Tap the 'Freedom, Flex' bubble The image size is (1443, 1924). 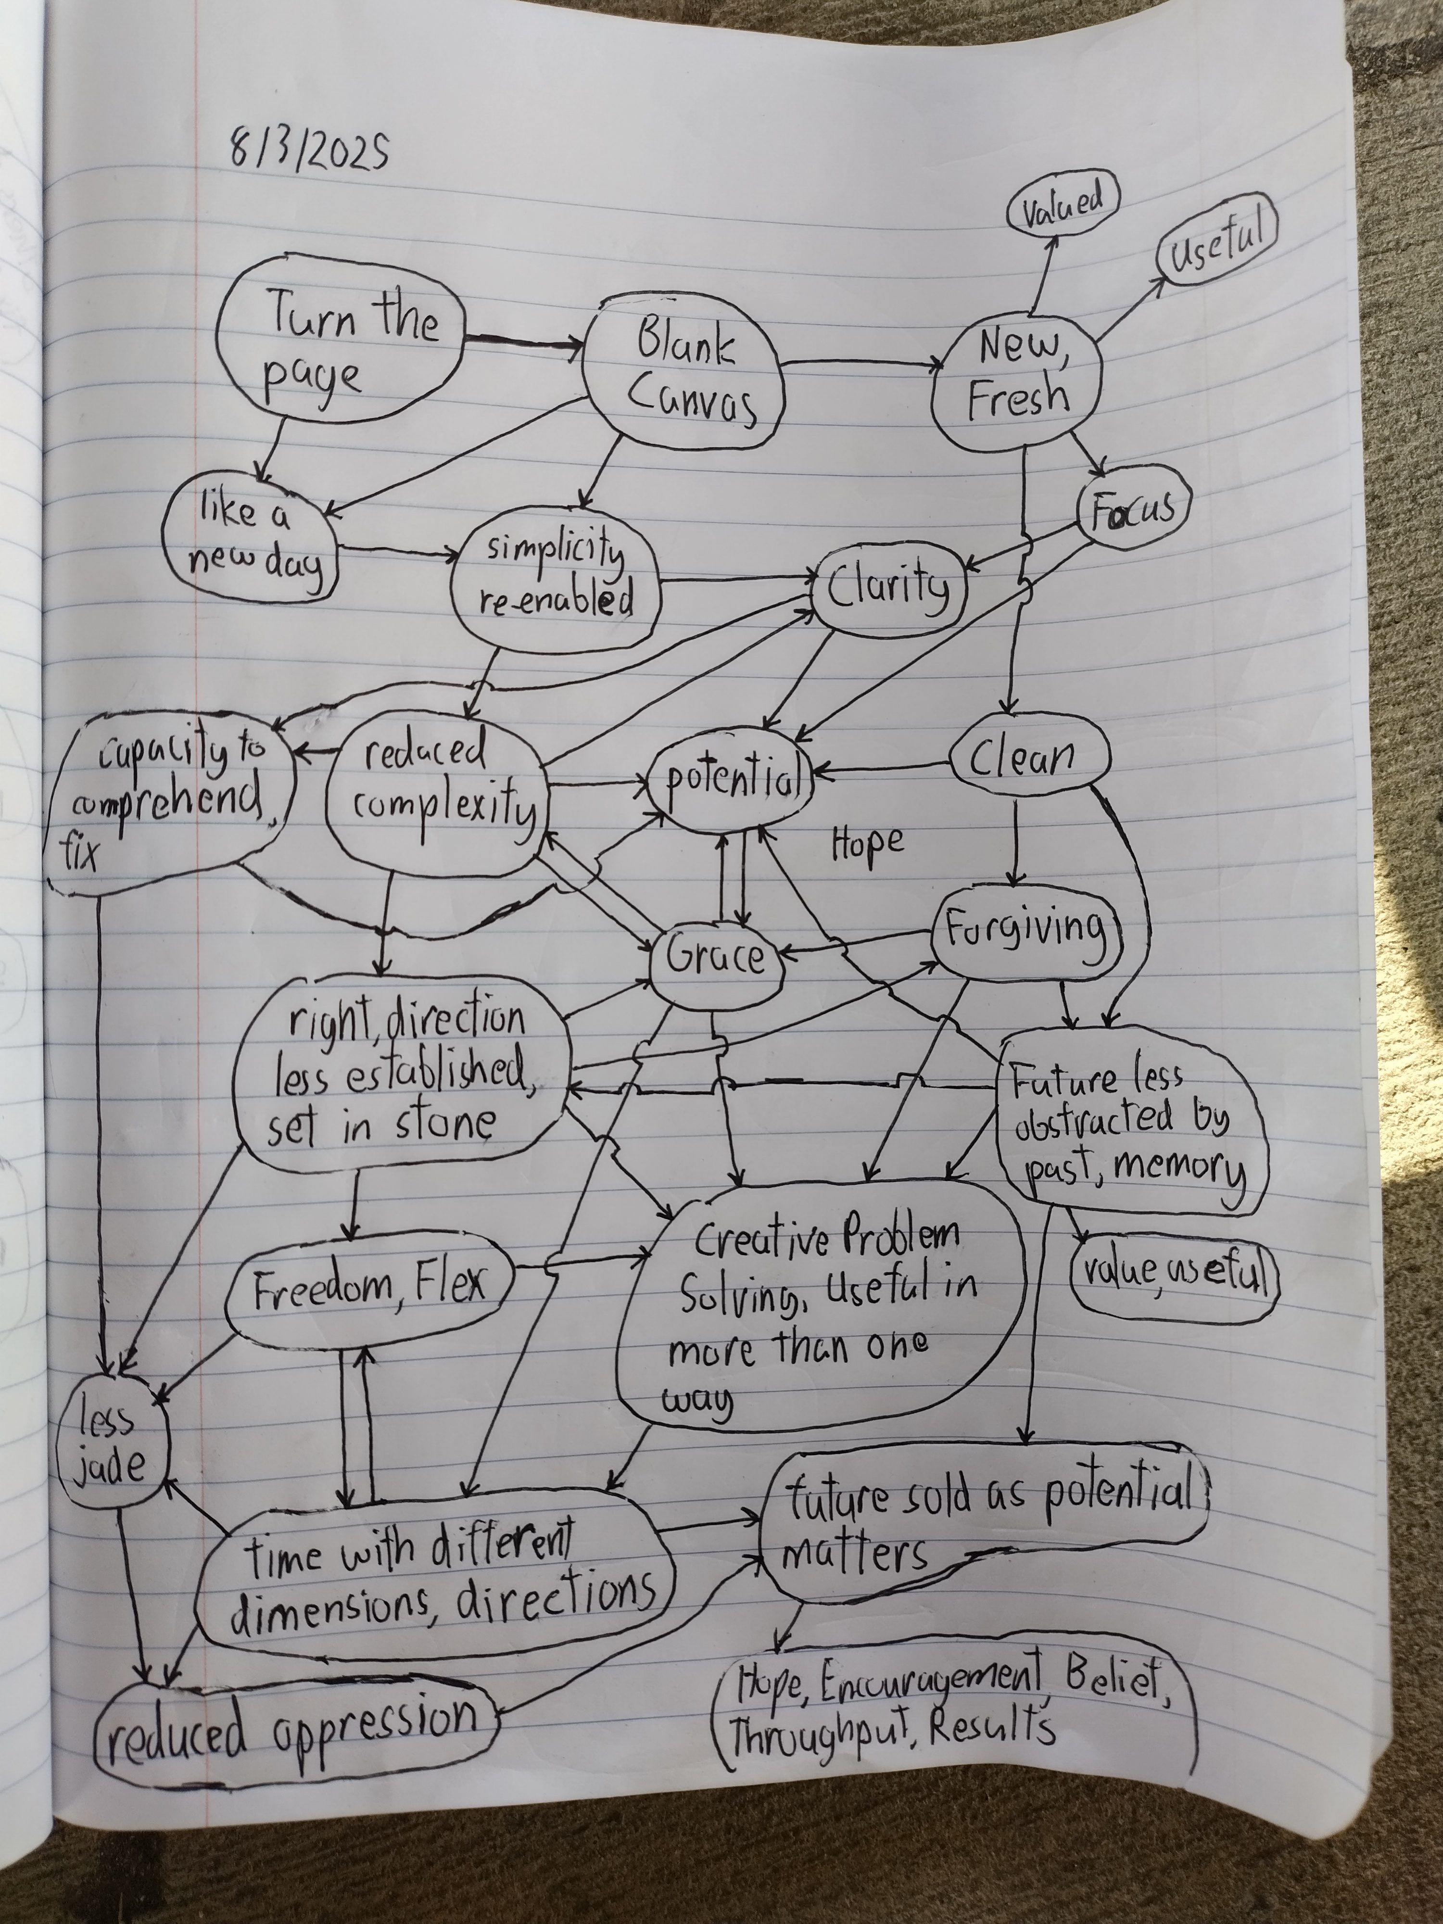(369, 1291)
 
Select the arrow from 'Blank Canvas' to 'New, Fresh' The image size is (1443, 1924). (861, 362)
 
